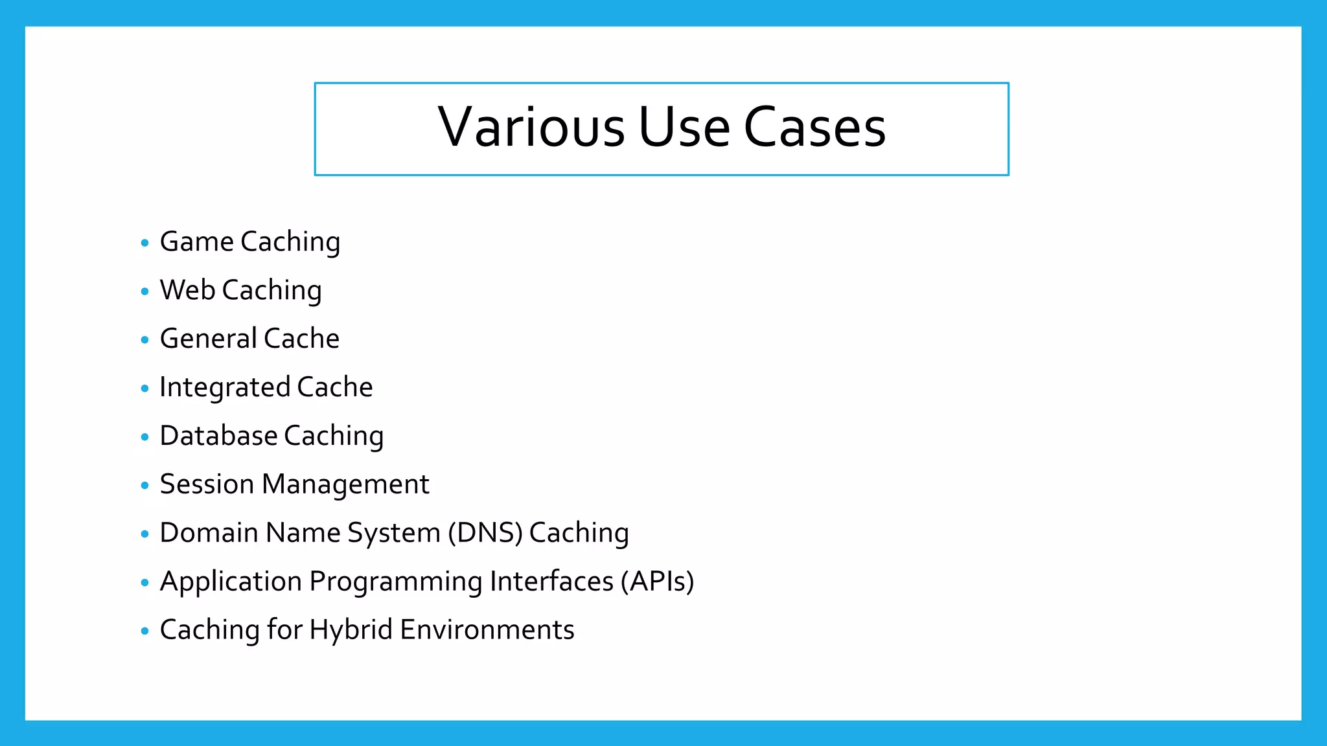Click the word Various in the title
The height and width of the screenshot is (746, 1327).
[x=531, y=127]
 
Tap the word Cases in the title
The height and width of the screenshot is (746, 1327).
[x=814, y=127]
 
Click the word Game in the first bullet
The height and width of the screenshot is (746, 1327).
[x=196, y=242]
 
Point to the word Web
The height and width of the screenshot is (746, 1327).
[x=187, y=290]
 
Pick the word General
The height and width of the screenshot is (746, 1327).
[x=208, y=339]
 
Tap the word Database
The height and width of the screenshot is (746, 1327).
[x=218, y=436]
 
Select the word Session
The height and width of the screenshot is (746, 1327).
[x=207, y=484]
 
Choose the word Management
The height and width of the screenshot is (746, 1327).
[x=345, y=484]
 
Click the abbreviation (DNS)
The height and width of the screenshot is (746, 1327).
[x=485, y=533]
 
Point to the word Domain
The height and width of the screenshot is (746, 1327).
[x=209, y=533]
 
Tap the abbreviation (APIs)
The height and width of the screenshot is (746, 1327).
[x=657, y=582]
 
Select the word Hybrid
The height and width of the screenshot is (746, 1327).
[x=351, y=630]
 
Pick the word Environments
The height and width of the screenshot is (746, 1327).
[x=487, y=630]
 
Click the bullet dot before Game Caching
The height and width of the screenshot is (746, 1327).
[x=144, y=243]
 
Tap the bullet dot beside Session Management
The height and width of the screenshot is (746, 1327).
[x=144, y=486]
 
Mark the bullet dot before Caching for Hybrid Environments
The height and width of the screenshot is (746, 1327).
[x=144, y=631]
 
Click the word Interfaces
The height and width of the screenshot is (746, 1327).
[x=551, y=582]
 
